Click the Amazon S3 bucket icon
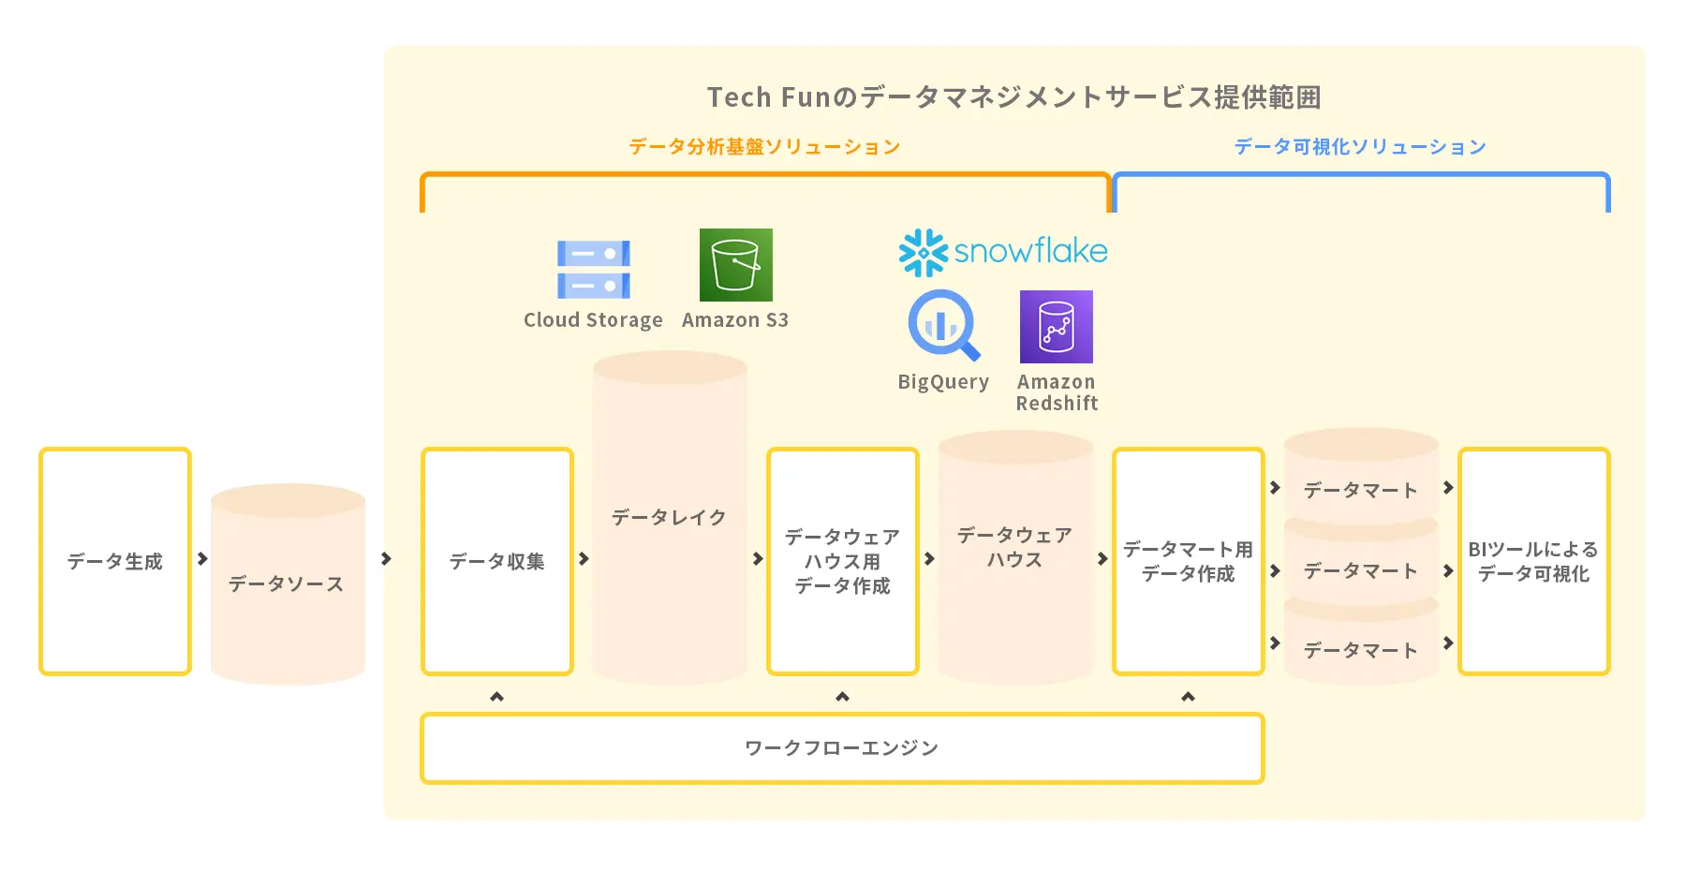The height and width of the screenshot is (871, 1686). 736,265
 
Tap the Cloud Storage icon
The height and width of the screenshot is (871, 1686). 594,270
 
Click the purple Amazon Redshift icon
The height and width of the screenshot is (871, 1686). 1057,327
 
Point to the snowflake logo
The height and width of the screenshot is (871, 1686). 1003,252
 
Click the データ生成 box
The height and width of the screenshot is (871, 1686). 115,561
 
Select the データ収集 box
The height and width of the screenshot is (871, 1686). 497,561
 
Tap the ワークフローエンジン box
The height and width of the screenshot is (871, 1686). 842,748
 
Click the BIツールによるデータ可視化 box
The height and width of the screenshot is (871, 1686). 1534,561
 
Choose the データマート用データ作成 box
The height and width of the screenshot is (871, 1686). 1189,561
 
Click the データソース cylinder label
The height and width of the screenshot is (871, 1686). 287,583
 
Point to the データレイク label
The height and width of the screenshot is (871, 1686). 669,517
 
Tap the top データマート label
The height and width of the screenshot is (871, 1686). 1361,490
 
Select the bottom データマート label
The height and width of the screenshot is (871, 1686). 1361,650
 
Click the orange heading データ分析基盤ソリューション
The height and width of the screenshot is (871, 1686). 764,146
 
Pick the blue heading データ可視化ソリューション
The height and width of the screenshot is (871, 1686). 1360,146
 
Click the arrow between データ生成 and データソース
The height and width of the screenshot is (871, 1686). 202,559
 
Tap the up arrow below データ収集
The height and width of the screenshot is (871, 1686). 497,697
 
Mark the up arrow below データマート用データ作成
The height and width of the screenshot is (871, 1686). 1189,697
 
